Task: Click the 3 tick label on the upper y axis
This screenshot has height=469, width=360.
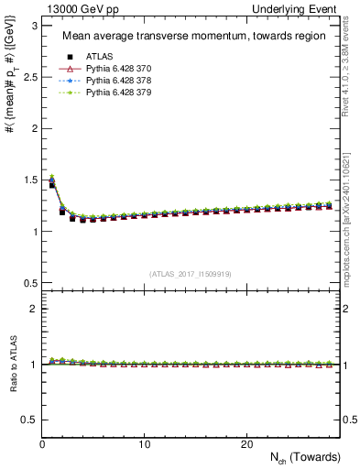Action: pyautogui.click(x=33, y=27)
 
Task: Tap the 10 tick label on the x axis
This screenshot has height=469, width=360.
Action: pyautogui.click(x=144, y=444)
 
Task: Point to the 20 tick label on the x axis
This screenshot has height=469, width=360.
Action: pyautogui.click(x=246, y=444)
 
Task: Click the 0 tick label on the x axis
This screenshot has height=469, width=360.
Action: pyautogui.click(x=42, y=444)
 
